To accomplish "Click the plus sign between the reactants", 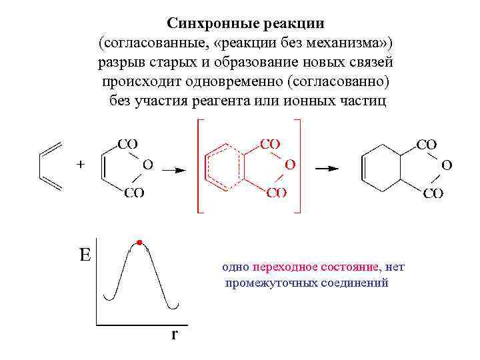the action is tap(81, 163).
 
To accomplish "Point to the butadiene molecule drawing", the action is tap(51, 165).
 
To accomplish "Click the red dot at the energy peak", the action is tap(139, 241).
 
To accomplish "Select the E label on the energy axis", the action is tap(85, 255).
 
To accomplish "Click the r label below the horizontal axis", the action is tap(174, 334).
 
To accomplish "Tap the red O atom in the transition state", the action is tap(290, 163).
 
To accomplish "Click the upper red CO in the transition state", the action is tap(269, 143).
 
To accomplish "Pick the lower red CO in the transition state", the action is tap(276, 193).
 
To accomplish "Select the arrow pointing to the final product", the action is tap(327, 169).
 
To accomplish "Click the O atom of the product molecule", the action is tap(446, 163).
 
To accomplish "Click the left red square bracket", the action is tap(198, 166).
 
